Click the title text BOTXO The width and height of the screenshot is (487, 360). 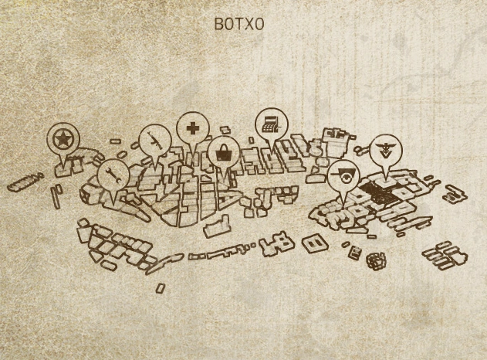239,24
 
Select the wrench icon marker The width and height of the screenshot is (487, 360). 112,174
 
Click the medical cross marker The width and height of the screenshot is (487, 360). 191,126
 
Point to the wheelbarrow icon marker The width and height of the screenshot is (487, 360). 343,175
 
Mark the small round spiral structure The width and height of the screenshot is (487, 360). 376,260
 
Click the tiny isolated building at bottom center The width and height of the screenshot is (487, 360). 160,287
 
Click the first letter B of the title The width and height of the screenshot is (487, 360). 218,24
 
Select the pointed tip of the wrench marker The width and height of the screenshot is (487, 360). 113,199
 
